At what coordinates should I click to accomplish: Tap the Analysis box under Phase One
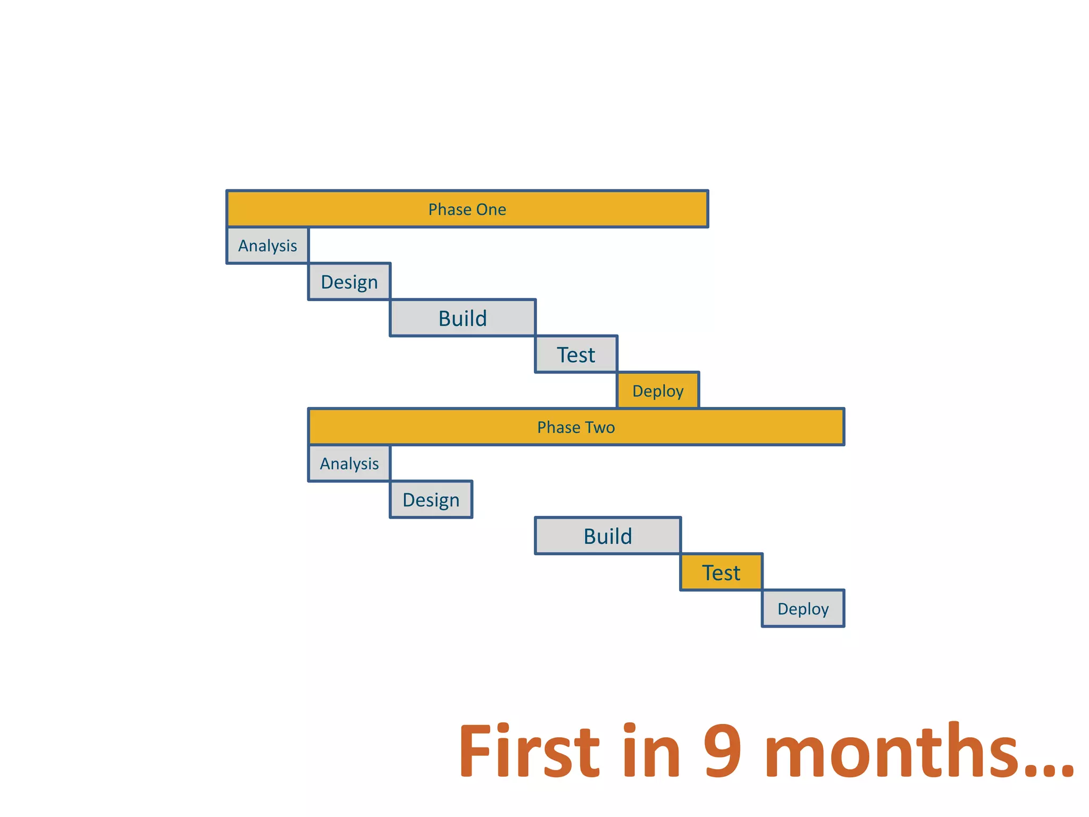[267, 246]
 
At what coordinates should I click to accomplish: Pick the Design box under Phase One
[349, 282]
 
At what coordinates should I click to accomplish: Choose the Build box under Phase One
[463, 318]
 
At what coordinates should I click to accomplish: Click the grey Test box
[576, 354]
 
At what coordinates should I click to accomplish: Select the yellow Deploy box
[658, 391]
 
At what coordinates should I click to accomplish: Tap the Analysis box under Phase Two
[349, 463]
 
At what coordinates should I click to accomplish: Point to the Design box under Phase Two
[431, 500]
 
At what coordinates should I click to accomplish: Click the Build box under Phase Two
[608, 536]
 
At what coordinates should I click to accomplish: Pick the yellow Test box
[721, 572]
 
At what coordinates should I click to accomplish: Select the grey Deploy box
[803, 608]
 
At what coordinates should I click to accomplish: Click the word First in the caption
[529, 751]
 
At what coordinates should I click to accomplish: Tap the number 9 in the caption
[722, 751]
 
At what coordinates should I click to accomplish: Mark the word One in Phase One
[491, 209]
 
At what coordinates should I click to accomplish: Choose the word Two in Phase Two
[600, 427]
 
